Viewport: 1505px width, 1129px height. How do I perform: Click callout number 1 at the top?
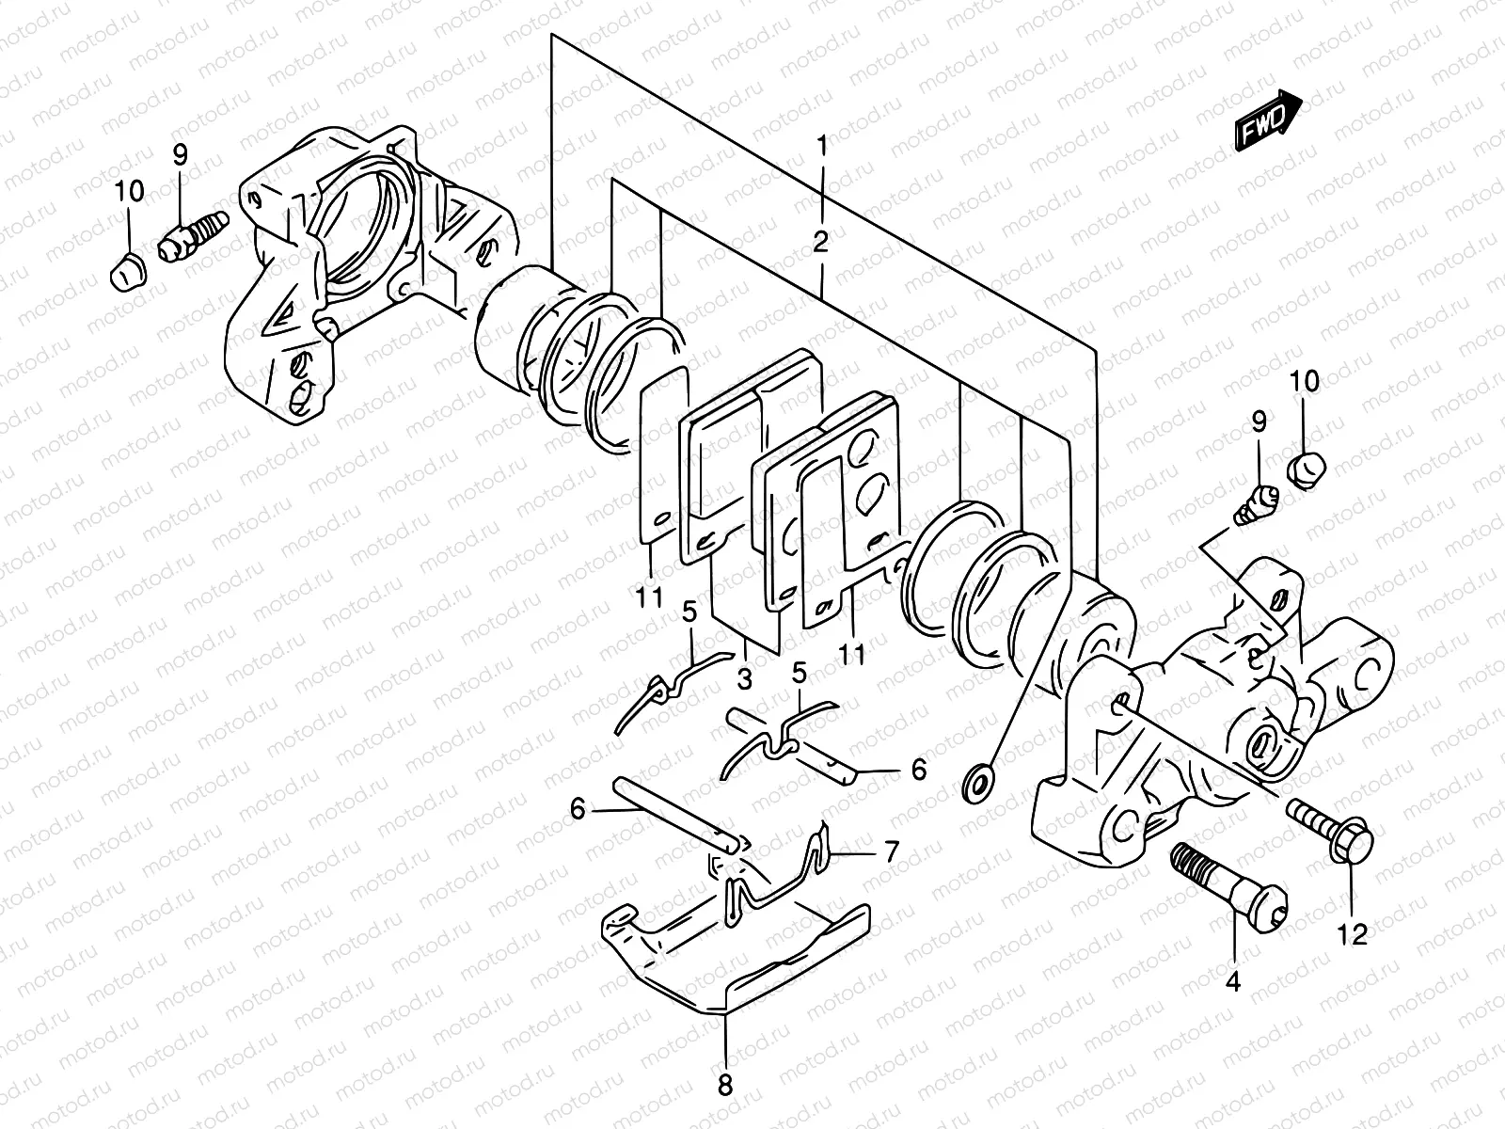821,146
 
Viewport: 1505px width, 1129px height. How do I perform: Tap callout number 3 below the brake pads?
744,678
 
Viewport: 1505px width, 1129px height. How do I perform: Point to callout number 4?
1233,982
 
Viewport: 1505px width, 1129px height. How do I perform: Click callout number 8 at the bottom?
724,1086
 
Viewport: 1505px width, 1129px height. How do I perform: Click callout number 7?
890,852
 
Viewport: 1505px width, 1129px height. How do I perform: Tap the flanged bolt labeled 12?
1331,825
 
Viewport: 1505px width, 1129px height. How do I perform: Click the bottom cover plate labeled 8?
734,960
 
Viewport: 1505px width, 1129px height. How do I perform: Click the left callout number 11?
648,596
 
